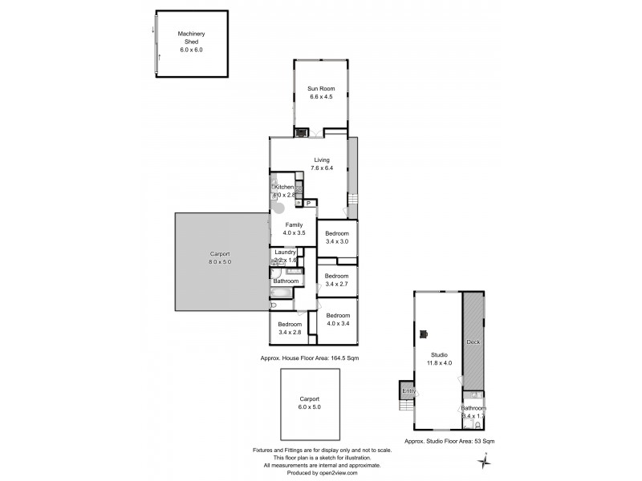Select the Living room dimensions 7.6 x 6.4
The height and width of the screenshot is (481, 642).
click(x=322, y=169)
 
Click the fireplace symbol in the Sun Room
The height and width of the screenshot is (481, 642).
click(x=302, y=134)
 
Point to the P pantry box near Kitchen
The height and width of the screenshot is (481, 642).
click(x=307, y=204)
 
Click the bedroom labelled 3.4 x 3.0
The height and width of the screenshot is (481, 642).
click(x=336, y=237)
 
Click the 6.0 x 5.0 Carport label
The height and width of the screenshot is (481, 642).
click(x=310, y=402)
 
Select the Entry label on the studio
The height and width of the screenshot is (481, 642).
click(x=409, y=391)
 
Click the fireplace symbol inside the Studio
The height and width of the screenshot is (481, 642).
click(x=425, y=334)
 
